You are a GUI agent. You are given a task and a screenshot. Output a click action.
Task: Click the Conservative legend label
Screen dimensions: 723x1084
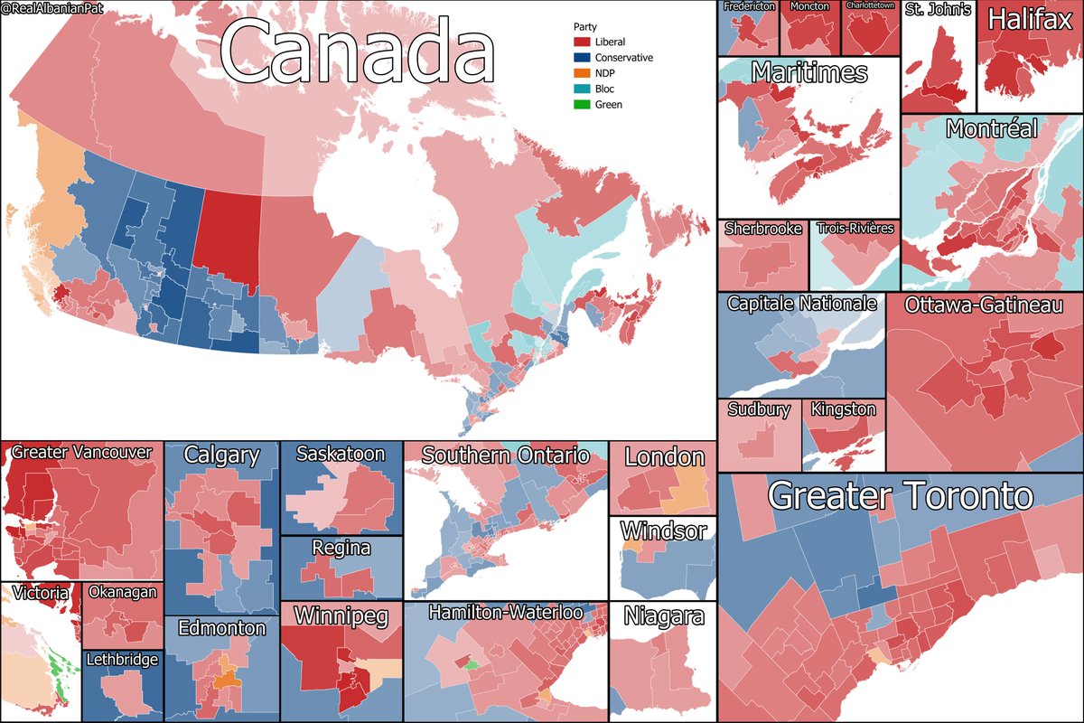(x=624, y=58)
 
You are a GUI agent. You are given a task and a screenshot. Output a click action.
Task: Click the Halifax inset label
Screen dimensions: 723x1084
(x=1029, y=21)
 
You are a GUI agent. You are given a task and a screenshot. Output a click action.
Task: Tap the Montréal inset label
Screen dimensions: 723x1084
(x=991, y=129)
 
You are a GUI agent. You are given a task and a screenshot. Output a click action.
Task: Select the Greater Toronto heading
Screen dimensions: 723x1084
(x=900, y=496)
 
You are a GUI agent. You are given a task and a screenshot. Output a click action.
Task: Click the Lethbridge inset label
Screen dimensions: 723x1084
(x=122, y=661)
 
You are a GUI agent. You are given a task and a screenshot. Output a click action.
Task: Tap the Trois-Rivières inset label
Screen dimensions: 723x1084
(x=854, y=229)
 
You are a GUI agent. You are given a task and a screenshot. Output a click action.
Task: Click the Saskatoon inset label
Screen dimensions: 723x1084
(x=340, y=454)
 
